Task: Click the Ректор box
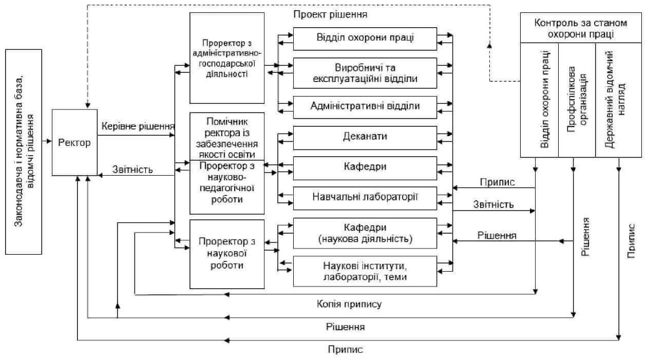pos(74,142)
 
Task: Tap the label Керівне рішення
pos(138,126)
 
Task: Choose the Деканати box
pos(365,137)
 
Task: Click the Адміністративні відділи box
pos(365,106)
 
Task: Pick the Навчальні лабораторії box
pos(365,198)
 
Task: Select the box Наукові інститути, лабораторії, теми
pos(365,271)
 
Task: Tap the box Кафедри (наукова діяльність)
pos(365,233)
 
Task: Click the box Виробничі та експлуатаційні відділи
pos(365,73)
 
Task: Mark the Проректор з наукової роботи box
pos(226,254)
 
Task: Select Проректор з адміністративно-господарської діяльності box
pos(226,58)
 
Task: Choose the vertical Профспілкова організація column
pos(576,100)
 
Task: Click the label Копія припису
pos(349,305)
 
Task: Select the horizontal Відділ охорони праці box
pos(365,39)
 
